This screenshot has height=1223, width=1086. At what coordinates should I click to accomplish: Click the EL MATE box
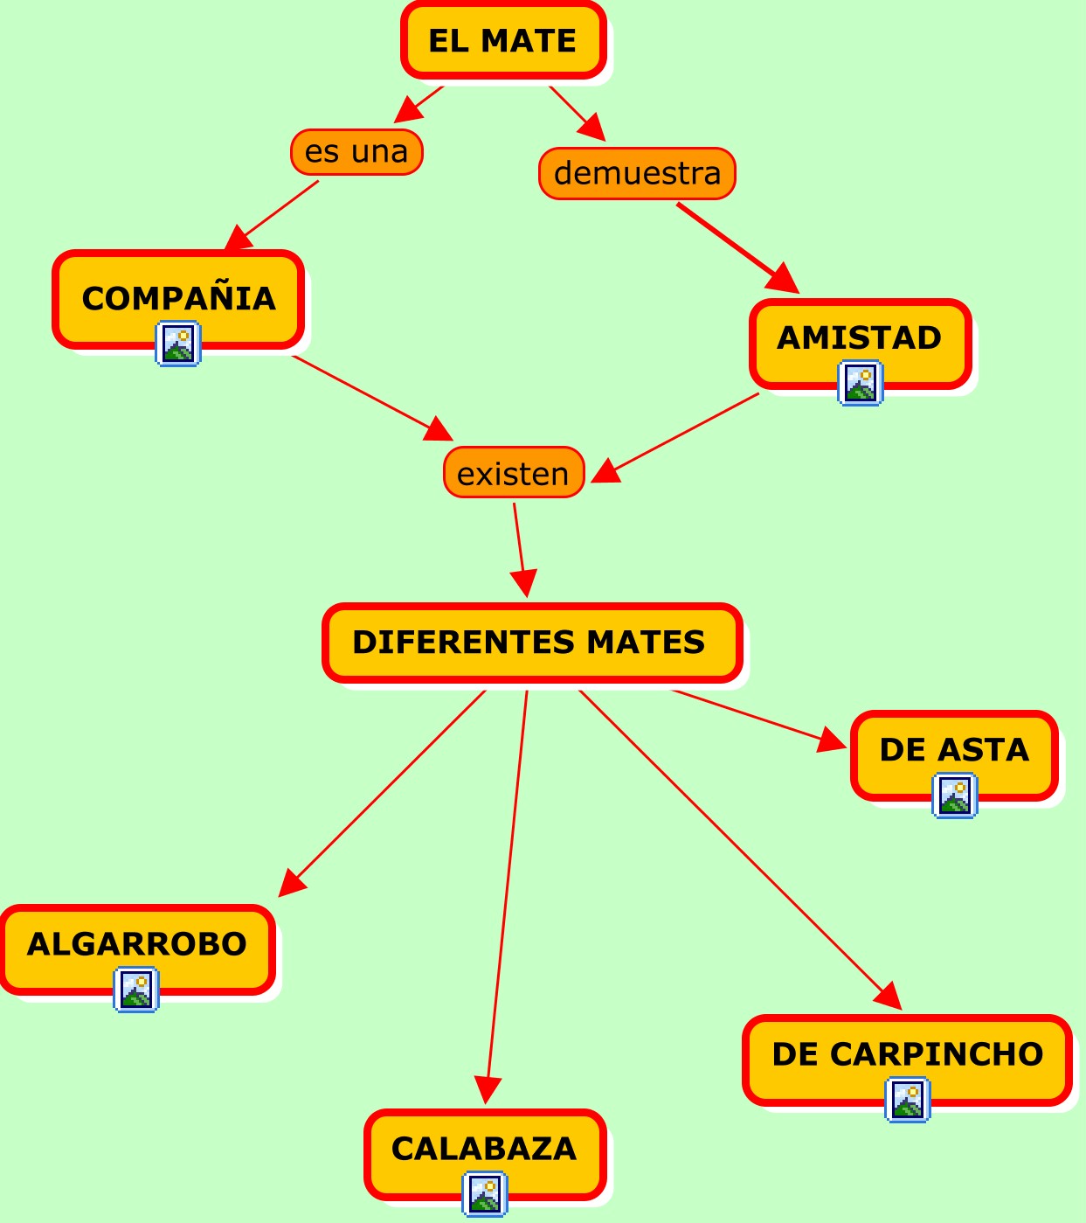pos(503,41)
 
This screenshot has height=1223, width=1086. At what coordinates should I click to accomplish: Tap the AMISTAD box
pos(860,337)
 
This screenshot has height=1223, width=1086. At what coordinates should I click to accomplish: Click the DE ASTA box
pos(954,749)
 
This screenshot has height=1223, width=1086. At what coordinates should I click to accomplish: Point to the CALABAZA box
pos(485,1147)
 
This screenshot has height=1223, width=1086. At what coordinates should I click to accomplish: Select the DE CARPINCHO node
pos(907,1053)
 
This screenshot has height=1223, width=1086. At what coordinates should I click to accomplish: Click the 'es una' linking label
pos(356,152)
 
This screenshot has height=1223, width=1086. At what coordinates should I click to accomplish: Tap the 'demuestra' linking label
pos(637,173)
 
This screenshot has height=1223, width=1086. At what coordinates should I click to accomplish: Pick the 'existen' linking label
pos(513,473)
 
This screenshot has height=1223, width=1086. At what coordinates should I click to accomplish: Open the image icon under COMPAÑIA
pos(178,344)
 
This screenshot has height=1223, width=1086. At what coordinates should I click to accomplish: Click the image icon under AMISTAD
pos(861,383)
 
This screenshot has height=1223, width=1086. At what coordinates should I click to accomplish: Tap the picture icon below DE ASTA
pos(955,796)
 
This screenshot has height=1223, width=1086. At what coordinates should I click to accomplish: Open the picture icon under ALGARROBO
pos(136,990)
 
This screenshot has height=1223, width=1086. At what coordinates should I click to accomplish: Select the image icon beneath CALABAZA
pos(485,1193)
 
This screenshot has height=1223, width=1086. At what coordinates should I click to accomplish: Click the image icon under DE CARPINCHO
pos(908,1100)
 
